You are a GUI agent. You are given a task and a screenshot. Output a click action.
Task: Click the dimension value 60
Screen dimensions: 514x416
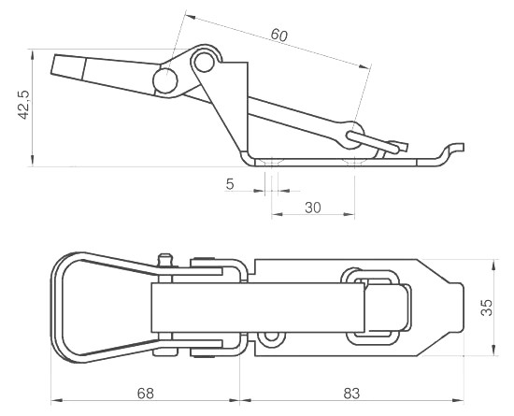tap(279, 35)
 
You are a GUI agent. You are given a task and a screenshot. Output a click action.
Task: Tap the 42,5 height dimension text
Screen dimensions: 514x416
tap(24, 105)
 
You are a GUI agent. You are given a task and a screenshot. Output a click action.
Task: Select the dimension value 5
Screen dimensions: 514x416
tap(230, 184)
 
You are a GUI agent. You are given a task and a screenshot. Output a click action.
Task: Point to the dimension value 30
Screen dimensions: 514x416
tap(313, 208)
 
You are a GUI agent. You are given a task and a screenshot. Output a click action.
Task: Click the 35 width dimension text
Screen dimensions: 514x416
tap(487, 308)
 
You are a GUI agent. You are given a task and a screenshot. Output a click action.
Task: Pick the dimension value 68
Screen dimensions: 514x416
tap(145, 394)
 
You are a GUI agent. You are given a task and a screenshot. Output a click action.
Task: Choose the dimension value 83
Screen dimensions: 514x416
tap(351, 394)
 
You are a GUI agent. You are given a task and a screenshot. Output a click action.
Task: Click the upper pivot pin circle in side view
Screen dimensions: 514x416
tap(204, 62)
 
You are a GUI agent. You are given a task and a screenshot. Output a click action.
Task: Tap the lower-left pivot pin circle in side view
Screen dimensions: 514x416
tap(165, 80)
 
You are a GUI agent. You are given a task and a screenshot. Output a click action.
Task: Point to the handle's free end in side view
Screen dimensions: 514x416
tap(68, 68)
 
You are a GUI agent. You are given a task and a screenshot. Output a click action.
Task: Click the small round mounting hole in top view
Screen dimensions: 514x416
tap(271, 337)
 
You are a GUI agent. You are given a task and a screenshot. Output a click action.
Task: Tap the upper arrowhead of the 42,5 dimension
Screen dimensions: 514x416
tap(32, 55)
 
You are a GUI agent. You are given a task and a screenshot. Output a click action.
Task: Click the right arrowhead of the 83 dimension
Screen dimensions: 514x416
tap(458, 400)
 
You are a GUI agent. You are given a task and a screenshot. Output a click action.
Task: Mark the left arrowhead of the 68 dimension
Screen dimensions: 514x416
tap(57, 400)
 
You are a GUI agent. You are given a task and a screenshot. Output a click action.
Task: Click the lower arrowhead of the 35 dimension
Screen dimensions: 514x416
tap(493, 350)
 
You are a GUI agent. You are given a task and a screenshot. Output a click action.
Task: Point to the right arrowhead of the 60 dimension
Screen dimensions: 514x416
tap(364, 66)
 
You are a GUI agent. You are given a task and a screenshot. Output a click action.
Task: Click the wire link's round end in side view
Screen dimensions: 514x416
tap(351, 135)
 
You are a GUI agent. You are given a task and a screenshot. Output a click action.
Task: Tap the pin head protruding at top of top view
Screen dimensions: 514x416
tap(164, 258)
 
